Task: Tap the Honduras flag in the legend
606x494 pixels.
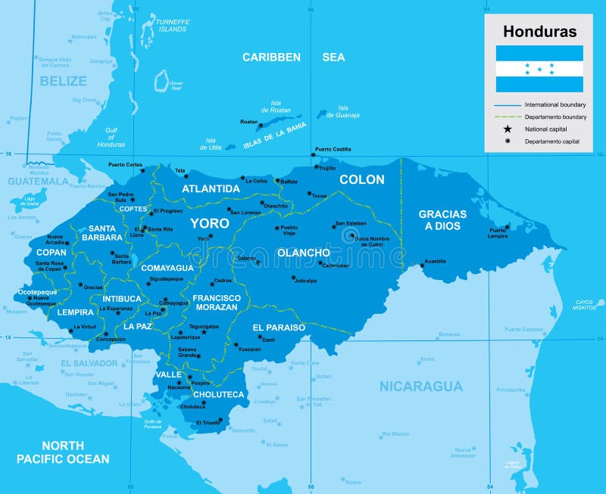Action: pos(539,69)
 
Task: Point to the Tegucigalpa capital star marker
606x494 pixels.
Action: pos(203,332)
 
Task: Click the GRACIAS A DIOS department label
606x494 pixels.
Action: pos(442,220)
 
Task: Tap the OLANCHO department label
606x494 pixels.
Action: pos(303,253)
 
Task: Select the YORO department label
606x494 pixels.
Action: pos(209,223)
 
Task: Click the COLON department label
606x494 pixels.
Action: pos(361,180)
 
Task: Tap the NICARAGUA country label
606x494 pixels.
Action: pos(420,387)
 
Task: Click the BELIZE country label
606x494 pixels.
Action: pos(64,80)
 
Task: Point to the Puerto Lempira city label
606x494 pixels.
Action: pos(497,233)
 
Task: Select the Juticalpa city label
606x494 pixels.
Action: pos(305,281)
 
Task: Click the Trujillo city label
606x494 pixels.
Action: pos(326,168)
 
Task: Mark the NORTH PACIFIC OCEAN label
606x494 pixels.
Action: pos(63,452)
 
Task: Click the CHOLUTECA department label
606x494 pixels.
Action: pos(218,394)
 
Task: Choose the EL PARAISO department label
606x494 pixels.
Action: pos(279,328)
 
